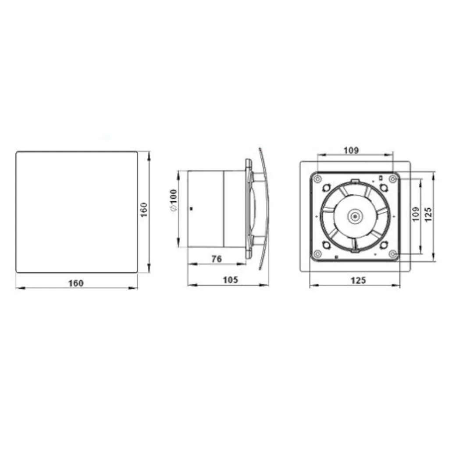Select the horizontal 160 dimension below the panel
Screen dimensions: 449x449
pos(75,283)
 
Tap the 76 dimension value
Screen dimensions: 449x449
pos(216,259)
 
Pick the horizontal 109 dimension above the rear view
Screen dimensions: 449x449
pos(351,150)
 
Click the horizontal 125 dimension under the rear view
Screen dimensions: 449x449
pos(358,281)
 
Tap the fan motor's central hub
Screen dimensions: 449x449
pos(354,216)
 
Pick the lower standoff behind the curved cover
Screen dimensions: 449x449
pos(258,240)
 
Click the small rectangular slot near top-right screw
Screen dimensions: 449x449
pos(380,178)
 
